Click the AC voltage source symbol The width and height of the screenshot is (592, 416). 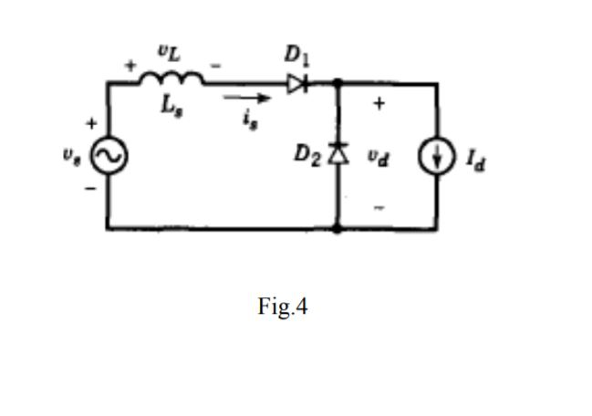click(108, 156)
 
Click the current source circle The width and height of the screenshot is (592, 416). click(437, 157)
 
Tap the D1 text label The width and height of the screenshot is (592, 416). click(296, 55)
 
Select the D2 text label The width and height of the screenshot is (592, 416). click(307, 153)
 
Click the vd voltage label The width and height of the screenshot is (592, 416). click(379, 156)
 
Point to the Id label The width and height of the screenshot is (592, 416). click(475, 160)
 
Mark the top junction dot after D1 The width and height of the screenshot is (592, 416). click(338, 83)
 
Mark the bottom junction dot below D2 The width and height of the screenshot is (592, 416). click(338, 228)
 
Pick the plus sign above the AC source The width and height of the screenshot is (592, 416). click(91, 122)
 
